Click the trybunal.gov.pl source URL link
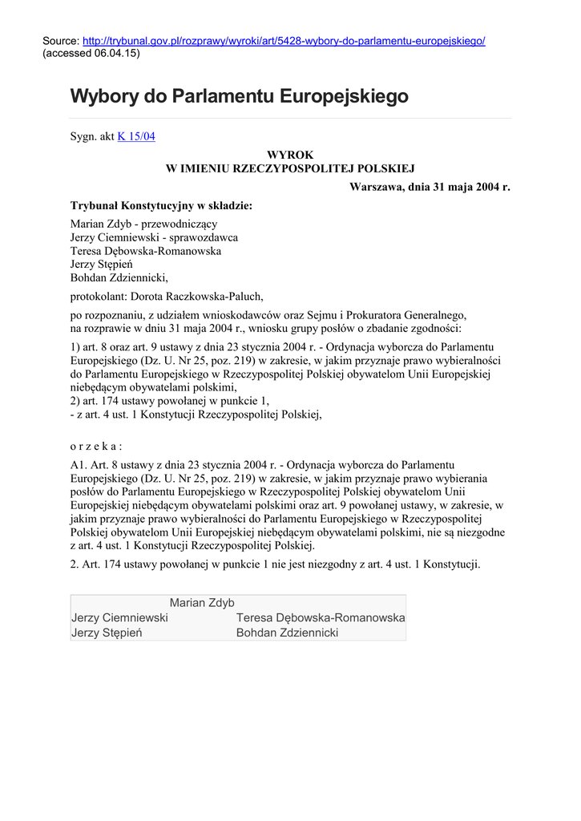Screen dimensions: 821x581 [284, 41]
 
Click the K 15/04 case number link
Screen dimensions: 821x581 [136, 137]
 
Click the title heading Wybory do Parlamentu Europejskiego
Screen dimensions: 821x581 [239, 97]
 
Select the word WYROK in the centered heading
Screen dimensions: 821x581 [290, 154]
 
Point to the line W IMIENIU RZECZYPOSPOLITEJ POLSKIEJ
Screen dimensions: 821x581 [290, 168]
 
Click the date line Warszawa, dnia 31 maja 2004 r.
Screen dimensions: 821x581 [430, 187]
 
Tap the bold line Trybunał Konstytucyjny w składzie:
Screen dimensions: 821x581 [161, 206]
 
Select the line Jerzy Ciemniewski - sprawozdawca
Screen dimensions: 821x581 [154, 237]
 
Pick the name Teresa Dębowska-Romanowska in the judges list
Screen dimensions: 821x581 [146, 251]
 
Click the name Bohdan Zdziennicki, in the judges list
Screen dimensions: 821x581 [119, 277]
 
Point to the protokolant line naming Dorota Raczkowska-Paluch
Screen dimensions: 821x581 [167, 295]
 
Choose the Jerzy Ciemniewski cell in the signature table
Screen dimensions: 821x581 [119, 618]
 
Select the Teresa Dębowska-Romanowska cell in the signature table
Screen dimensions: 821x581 [320, 618]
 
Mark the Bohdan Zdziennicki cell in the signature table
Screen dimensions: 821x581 [287, 633]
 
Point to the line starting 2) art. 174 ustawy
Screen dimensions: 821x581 [170, 401]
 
